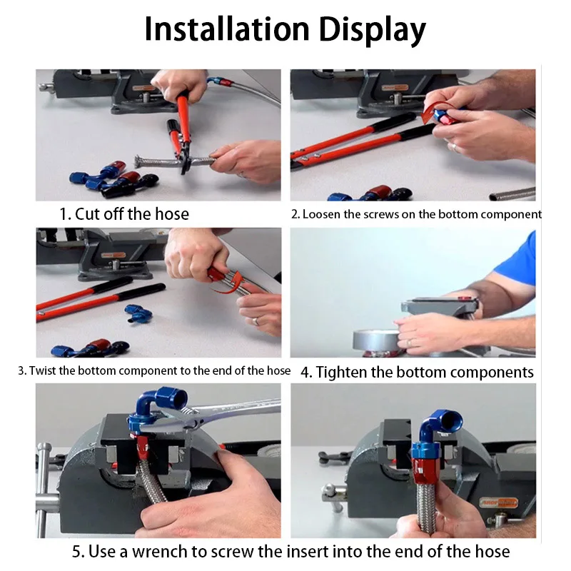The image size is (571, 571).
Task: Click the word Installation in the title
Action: tap(227, 29)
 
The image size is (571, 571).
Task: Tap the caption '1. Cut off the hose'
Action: tap(124, 213)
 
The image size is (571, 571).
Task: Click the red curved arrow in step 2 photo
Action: tap(433, 112)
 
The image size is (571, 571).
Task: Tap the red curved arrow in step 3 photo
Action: tap(229, 284)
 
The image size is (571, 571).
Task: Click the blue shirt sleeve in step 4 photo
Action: tap(517, 261)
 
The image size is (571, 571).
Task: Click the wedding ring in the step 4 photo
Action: tap(409, 343)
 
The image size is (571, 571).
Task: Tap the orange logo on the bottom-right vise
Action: tap(498, 503)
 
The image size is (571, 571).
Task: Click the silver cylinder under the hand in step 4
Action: tap(375, 341)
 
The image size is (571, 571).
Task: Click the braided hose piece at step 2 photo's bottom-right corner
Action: tap(512, 193)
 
